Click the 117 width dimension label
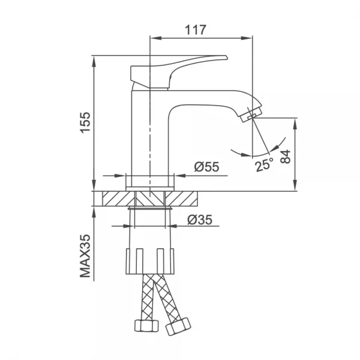(x=195, y=29)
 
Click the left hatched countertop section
(x=117, y=198)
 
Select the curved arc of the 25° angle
(x=252, y=155)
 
